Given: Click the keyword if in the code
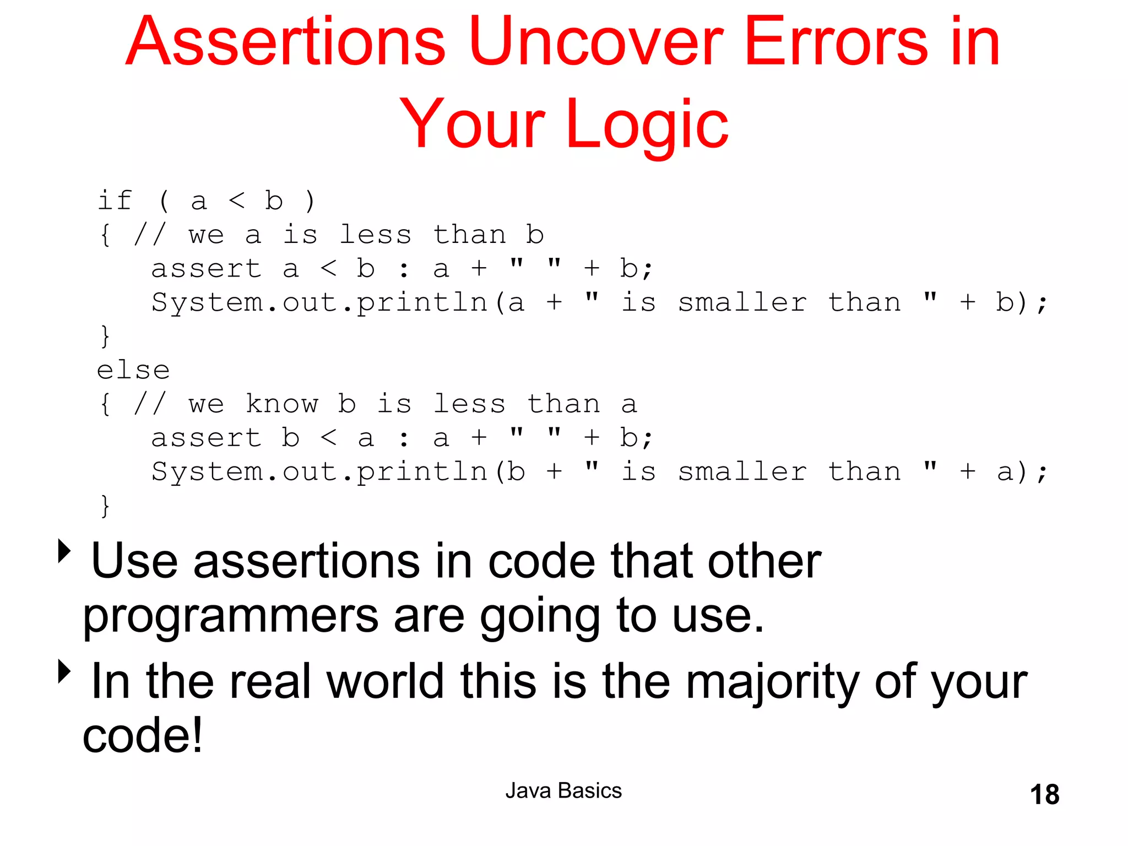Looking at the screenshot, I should (115, 200).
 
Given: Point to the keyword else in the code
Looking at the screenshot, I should (133, 370).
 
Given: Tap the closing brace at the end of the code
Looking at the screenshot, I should (105, 506).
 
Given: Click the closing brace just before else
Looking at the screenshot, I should (105, 336).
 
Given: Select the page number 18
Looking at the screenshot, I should (1044, 795).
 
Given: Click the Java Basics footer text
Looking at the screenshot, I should (563, 790).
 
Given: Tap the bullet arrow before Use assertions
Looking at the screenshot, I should (64, 551).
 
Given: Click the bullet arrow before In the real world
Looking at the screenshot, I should (64, 671).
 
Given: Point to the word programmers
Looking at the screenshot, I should (231, 617).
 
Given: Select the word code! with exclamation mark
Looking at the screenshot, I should (143, 736).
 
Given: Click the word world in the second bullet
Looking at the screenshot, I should (385, 682).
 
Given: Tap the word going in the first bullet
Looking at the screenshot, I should (539, 617).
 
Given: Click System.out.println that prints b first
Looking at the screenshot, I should (319, 472).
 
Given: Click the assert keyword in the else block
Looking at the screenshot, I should (206, 438).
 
